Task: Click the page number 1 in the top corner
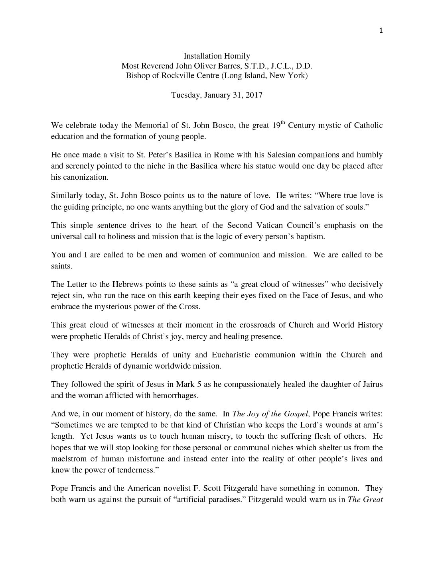pos(381,31)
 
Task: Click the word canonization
pos(85,177)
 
